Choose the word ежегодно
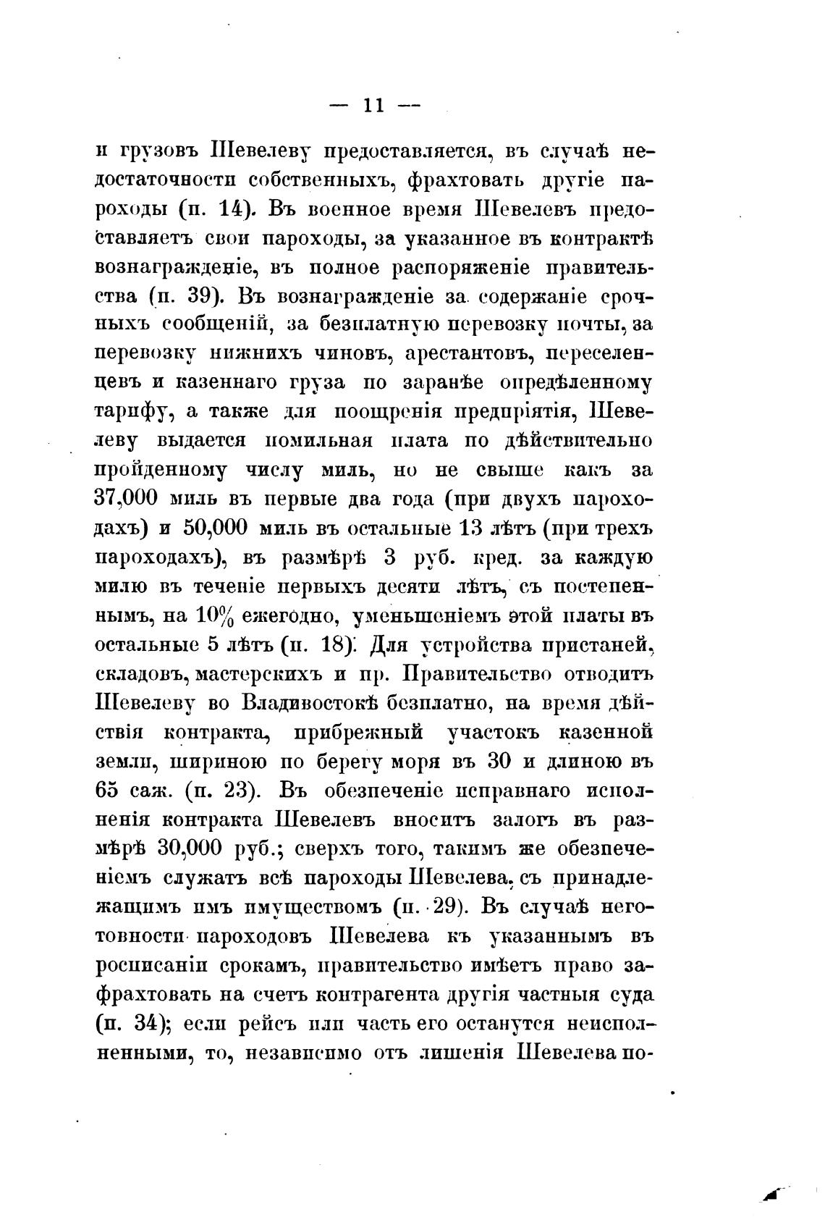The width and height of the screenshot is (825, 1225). (x=285, y=617)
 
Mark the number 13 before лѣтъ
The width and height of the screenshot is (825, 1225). (x=475, y=529)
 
